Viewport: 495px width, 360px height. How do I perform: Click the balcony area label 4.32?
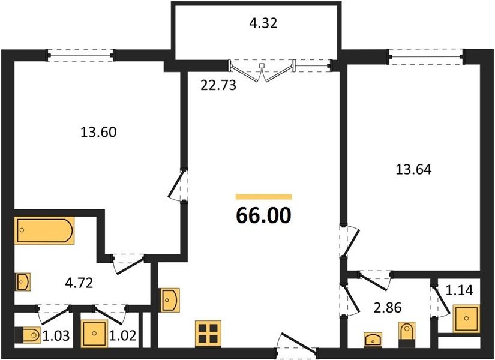click(263, 23)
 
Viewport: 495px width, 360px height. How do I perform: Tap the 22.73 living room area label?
click(218, 85)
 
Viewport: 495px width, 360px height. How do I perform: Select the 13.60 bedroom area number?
click(98, 132)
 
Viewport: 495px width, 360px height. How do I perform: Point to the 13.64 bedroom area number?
click(413, 170)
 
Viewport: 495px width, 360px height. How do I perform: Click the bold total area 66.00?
click(263, 216)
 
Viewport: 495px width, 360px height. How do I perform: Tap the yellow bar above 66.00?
click(264, 197)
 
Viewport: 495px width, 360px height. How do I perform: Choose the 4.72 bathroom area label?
click(79, 283)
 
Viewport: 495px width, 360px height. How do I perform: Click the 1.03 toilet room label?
click(56, 335)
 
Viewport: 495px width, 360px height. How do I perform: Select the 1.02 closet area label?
click(122, 335)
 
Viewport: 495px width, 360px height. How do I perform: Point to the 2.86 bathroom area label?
click(388, 308)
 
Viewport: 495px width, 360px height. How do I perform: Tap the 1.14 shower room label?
click(460, 290)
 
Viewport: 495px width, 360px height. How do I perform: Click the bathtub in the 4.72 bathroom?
click(44, 230)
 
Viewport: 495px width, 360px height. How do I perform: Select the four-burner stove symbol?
click(208, 334)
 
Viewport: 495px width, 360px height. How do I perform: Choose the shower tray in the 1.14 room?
click(466, 319)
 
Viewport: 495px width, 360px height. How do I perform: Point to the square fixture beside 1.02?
click(94, 334)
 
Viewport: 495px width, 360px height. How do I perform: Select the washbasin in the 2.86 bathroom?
click(373, 340)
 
